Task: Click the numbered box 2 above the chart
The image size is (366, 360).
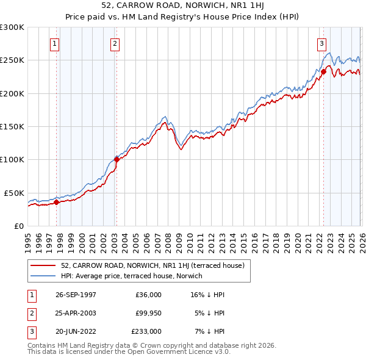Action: tap(115, 43)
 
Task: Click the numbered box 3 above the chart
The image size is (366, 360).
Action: tap(321, 43)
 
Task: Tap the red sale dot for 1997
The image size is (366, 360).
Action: tap(57, 202)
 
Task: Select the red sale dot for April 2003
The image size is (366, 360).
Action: tap(117, 160)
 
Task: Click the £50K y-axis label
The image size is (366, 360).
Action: tap(14, 193)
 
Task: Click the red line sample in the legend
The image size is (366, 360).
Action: tap(43, 265)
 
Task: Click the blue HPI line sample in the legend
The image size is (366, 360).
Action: tap(43, 276)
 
